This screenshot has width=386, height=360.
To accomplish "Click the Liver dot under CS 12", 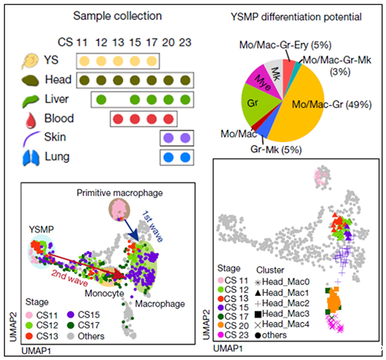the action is click(x=101, y=100).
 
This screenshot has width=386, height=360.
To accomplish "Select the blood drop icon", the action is click(x=31, y=120).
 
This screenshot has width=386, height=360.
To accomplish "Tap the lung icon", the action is click(x=31, y=158).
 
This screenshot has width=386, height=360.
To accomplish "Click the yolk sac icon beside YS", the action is click(x=30, y=61).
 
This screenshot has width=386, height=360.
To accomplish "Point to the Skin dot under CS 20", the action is click(x=168, y=138).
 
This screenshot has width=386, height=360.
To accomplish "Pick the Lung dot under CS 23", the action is click(x=185, y=158).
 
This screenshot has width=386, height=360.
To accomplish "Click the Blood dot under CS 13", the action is click(x=118, y=119).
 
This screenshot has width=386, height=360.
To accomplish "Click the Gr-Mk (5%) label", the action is click(x=276, y=150).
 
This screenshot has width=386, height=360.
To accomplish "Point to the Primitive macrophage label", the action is click(x=120, y=193).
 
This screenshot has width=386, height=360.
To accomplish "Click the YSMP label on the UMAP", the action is click(x=42, y=229).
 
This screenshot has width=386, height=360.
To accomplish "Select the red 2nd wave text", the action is click(x=69, y=278).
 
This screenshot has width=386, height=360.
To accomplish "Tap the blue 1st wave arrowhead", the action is click(x=134, y=237).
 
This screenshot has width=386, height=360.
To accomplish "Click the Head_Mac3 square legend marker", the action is click(x=258, y=314).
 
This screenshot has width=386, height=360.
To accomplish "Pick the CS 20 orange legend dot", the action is click(x=221, y=326).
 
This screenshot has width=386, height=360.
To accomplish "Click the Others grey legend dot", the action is click(x=70, y=336).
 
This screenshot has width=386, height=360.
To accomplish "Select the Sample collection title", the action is click(x=117, y=16).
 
